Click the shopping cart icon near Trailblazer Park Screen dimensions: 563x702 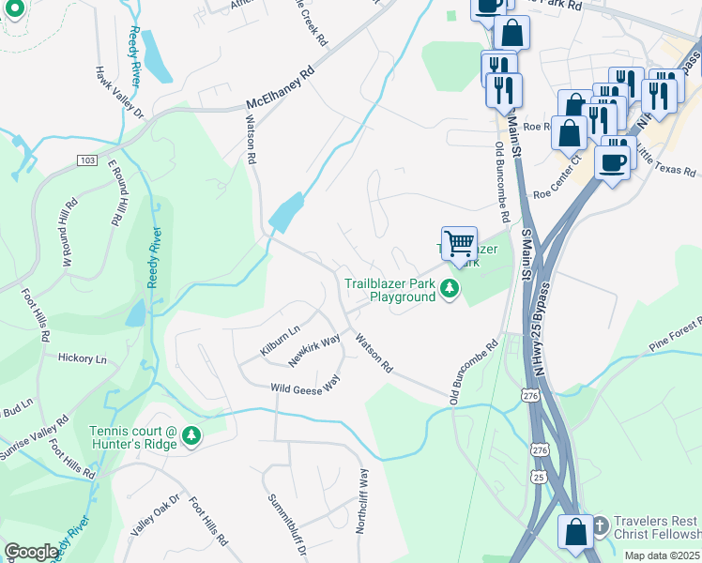click(x=459, y=244)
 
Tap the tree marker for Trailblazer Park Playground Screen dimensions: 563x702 click(x=450, y=289)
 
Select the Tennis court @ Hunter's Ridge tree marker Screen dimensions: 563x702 click(x=191, y=435)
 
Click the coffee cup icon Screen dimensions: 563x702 click(x=612, y=161)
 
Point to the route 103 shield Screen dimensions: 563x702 click(x=88, y=160)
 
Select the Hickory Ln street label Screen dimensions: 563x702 click(x=82, y=358)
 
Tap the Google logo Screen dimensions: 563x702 click(x=31, y=552)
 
